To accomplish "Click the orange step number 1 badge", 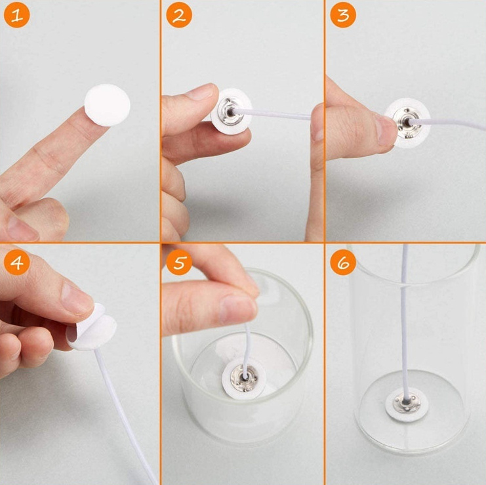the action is click(x=17, y=15).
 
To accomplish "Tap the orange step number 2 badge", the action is click(x=179, y=15).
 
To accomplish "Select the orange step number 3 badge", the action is click(x=343, y=15).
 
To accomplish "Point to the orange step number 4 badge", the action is click(x=17, y=263).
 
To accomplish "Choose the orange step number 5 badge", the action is click(x=179, y=263).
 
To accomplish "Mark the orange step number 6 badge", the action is click(x=343, y=263).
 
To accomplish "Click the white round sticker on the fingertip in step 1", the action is click(x=108, y=105).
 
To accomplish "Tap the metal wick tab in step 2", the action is click(x=228, y=112).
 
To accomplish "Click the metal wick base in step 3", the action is click(x=407, y=123).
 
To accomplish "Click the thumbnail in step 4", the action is click(x=77, y=299).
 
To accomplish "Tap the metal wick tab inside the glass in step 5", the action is click(x=244, y=378).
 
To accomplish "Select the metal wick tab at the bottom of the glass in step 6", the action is click(x=407, y=403).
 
